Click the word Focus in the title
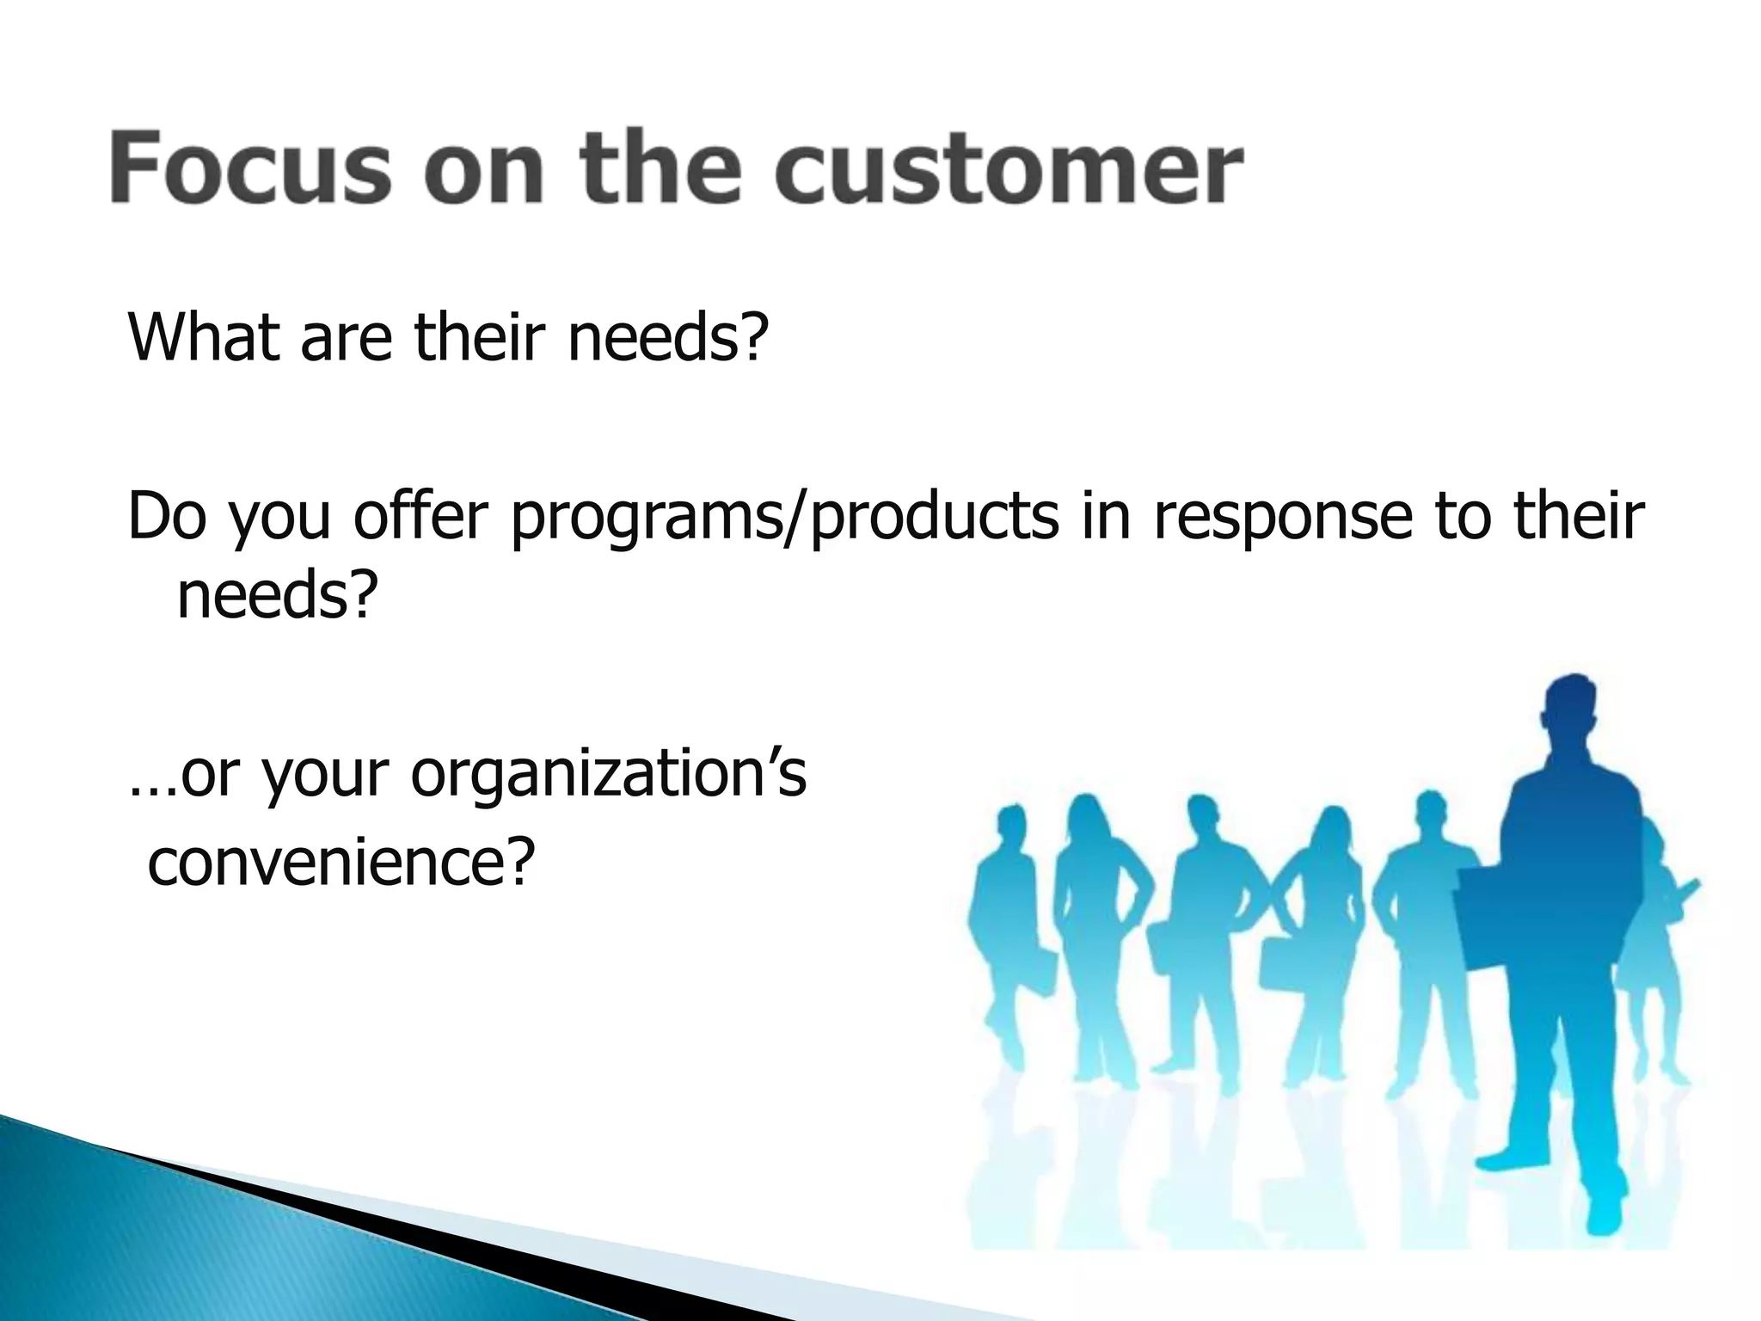pos(249,167)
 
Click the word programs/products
pos(783,518)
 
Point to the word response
pos(1281,518)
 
